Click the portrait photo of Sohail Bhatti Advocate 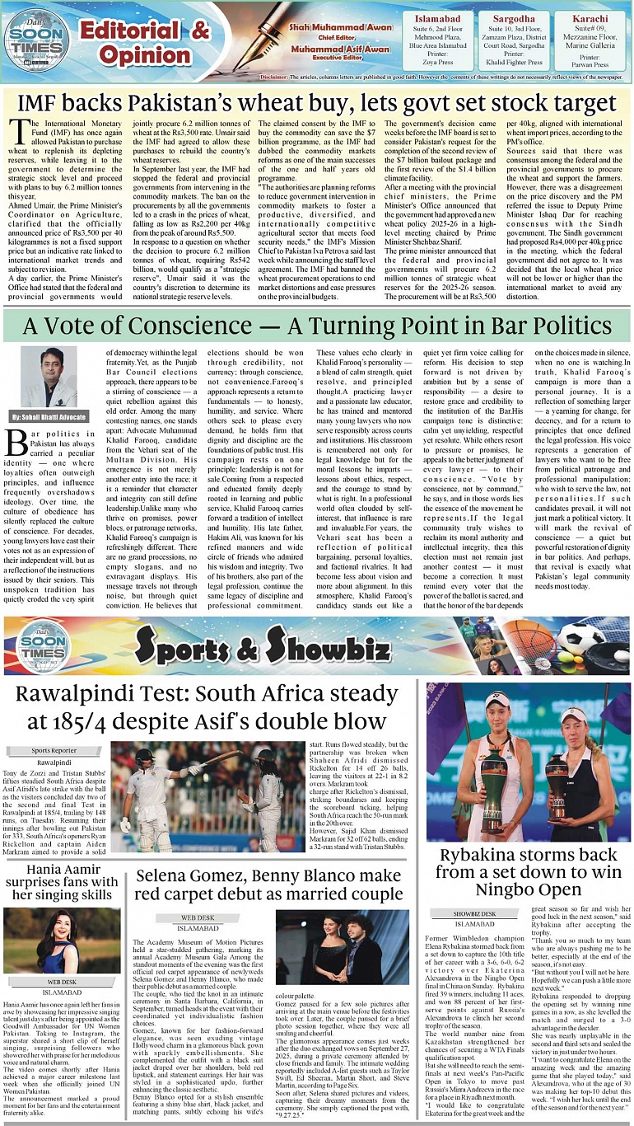click(x=49, y=377)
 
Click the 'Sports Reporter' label click(x=53, y=751)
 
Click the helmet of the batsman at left click(x=144, y=757)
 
